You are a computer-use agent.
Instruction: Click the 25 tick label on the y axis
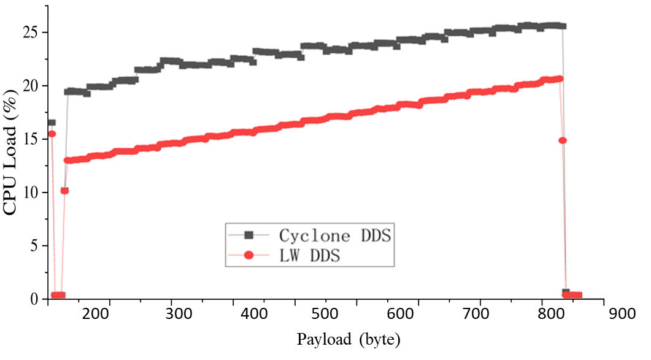click(31, 32)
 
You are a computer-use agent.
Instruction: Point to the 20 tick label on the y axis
click(31, 86)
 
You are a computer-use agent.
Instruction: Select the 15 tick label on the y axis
click(31, 139)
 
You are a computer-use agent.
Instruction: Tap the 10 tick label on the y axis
click(31, 193)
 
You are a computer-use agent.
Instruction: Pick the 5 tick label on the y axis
click(35, 246)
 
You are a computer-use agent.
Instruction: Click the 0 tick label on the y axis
click(35, 299)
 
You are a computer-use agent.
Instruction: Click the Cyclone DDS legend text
click(334, 236)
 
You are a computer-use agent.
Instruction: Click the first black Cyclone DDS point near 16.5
click(51, 123)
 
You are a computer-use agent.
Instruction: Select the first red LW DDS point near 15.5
click(52, 134)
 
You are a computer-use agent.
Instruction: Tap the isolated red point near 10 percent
click(64, 191)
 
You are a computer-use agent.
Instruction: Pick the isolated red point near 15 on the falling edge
click(562, 140)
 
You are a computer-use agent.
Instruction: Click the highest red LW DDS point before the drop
click(558, 79)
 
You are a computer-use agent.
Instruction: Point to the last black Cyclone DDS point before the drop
click(562, 26)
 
